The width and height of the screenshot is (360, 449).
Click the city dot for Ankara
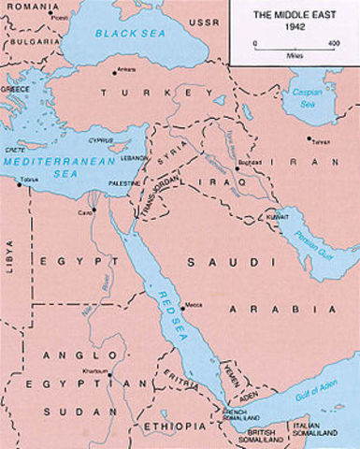[x=116, y=72]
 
